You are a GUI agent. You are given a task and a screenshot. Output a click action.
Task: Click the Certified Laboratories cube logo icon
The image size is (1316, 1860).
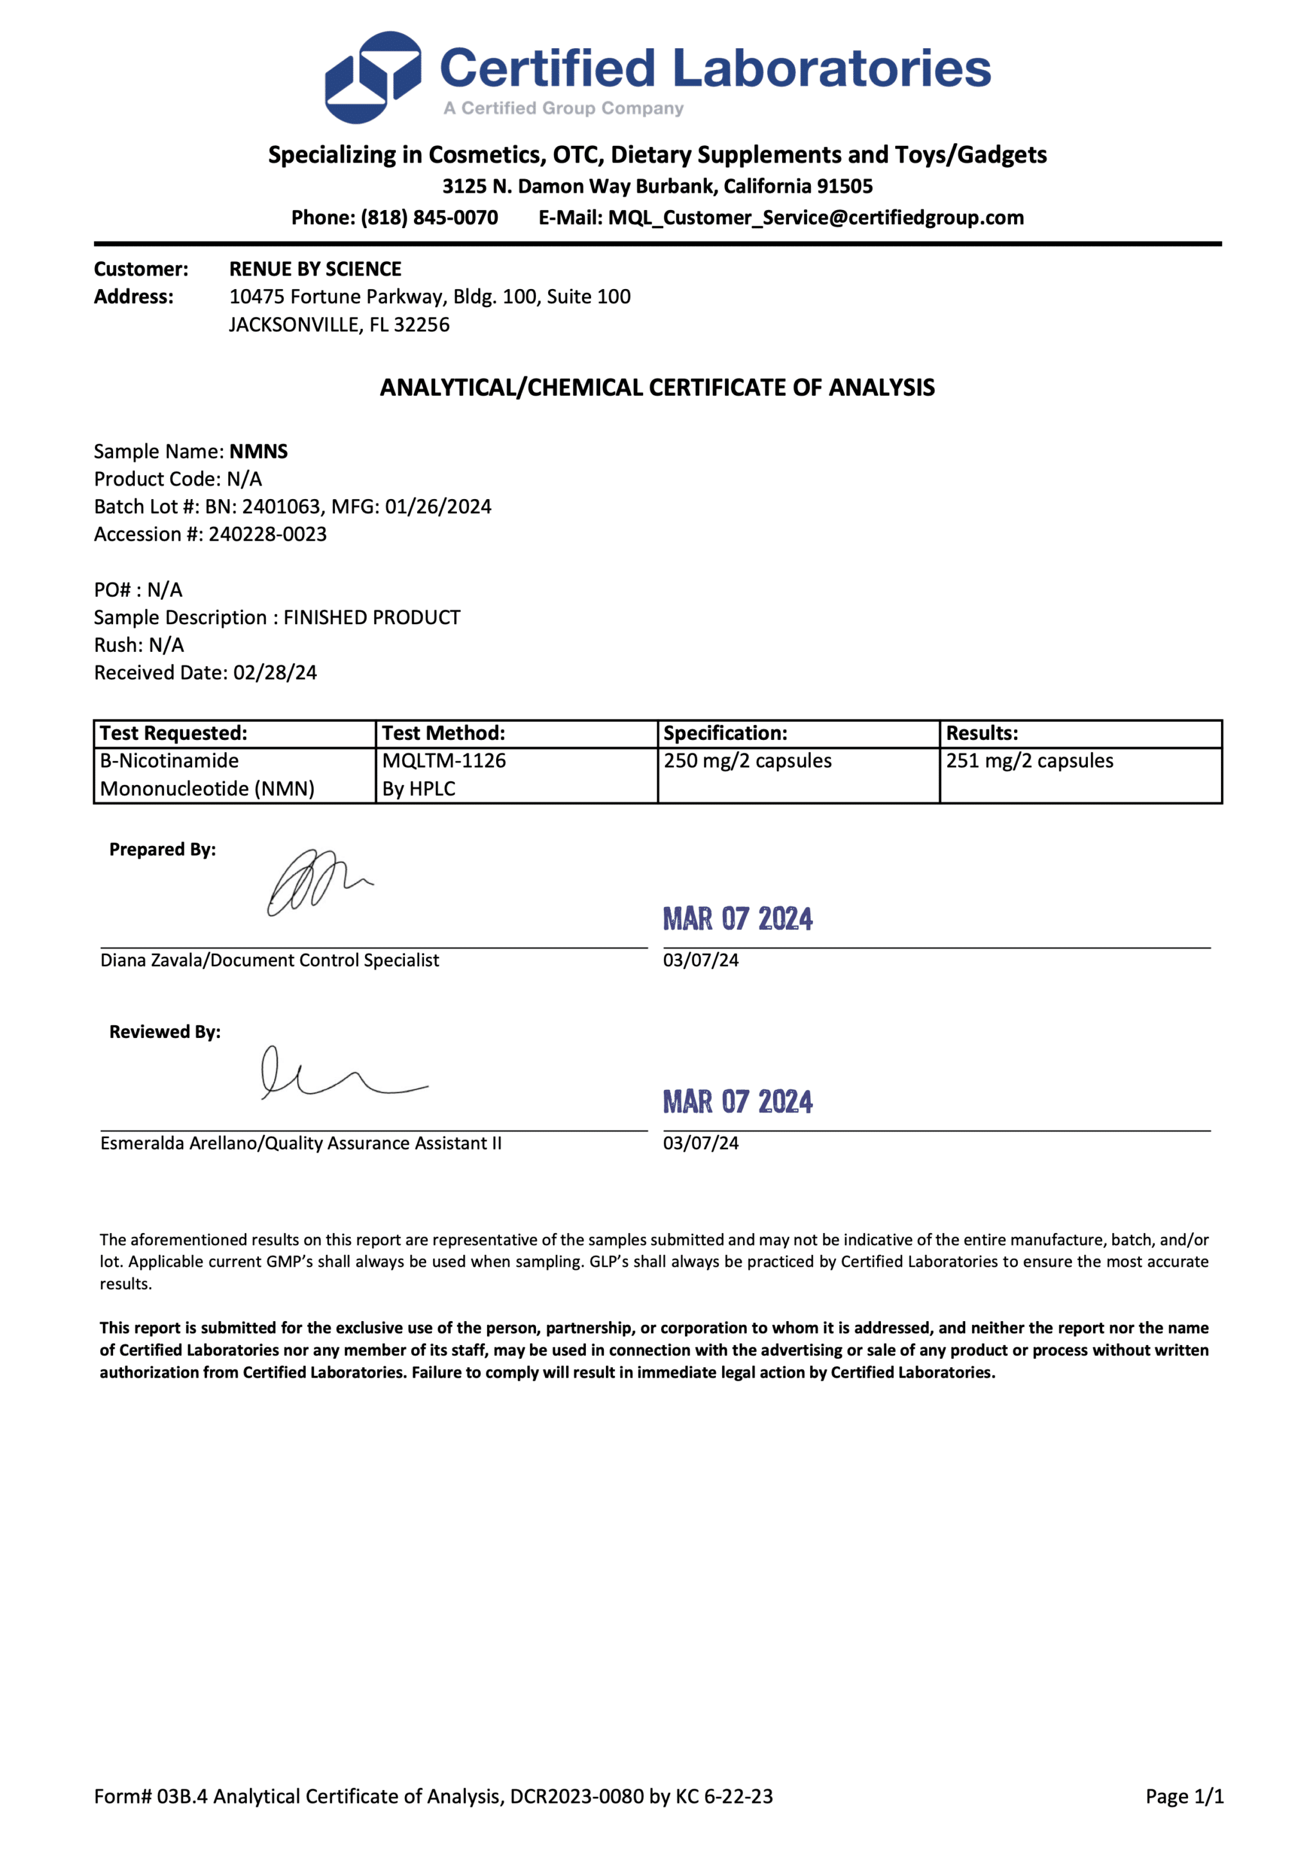373,77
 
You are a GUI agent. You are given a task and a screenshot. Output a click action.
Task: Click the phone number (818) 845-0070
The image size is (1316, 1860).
429,218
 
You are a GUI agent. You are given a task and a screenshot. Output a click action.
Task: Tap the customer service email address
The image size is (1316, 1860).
815,218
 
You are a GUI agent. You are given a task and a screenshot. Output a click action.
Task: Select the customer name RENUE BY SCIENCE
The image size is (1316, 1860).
316,269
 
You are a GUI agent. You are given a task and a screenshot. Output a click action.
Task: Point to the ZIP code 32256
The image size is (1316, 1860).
422,325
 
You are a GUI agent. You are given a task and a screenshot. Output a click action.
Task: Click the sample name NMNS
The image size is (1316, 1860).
258,452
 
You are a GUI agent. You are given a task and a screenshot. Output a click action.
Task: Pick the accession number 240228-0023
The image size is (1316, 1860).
267,534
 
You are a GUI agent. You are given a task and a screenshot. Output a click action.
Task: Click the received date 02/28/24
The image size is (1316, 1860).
275,673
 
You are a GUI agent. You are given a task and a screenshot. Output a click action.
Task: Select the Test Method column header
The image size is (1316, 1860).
443,733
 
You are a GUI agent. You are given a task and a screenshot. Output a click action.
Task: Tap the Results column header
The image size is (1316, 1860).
982,733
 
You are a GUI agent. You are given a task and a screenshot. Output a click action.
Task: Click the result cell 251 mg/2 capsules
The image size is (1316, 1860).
1029,760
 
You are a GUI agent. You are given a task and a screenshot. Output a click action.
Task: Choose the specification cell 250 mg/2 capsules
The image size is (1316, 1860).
747,760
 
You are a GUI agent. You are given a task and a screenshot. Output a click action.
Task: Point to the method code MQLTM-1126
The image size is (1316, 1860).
444,760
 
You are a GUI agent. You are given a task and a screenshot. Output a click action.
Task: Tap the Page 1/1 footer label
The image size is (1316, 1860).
1184,1796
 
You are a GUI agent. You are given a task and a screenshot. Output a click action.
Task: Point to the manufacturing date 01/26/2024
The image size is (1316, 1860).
438,507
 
